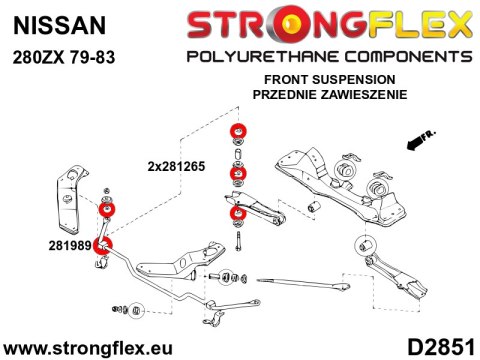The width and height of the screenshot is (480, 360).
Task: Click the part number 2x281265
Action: tap(176, 167)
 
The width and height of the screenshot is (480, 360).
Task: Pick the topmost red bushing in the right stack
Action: tap(239, 130)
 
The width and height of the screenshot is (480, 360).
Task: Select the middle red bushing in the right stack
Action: tap(239, 177)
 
